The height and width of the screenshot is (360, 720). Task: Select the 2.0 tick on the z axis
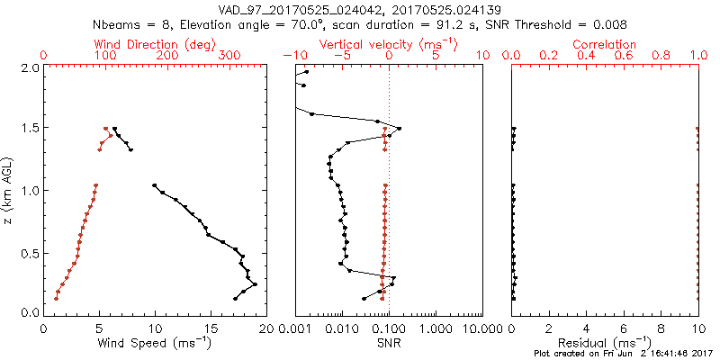(x=29, y=67)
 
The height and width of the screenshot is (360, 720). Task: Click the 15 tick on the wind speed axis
(x=210, y=328)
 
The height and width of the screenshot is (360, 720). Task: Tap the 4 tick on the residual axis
(x=586, y=328)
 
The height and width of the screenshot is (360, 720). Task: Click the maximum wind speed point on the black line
(x=255, y=284)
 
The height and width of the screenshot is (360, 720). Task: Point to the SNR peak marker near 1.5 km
(x=400, y=128)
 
